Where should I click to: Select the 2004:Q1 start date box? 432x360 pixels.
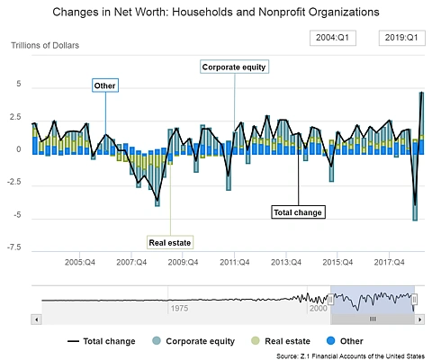[333, 38]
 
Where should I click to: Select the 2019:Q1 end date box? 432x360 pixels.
[402, 38]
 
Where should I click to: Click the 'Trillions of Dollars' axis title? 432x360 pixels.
[45, 45]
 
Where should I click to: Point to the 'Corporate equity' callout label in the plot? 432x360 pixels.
[234, 67]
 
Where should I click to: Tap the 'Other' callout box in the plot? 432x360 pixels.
[105, 85]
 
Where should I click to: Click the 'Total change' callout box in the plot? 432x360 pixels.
[298, 212]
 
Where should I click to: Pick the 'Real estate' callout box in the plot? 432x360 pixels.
[170, 242]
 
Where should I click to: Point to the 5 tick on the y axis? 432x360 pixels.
[19, 84]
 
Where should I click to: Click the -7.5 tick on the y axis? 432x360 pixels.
[14, 247]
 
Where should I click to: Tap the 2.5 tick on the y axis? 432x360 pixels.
[15, 117]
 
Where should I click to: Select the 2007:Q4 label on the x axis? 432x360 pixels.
[131, 262]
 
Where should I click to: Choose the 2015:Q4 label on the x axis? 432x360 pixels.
[337, 262]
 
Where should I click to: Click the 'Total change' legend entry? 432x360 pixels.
[102, 341]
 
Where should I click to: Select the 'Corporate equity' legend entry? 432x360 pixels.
[193, 341]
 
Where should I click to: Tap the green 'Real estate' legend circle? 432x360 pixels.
[256, 341]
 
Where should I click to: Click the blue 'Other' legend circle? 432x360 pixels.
[330, 341]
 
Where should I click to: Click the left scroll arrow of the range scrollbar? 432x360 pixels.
[36, 319]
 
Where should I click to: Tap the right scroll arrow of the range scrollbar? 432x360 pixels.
[419, 319]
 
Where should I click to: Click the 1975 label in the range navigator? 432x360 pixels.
[179, 308]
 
